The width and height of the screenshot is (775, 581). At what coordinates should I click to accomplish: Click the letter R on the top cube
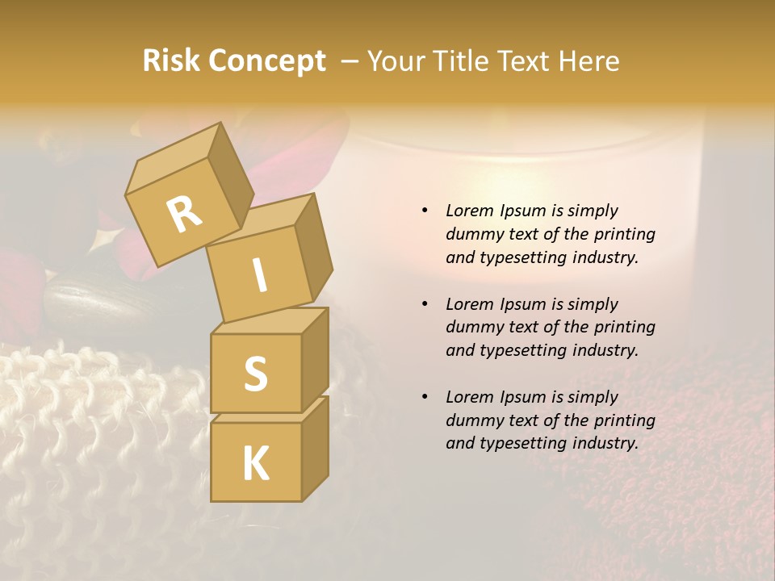184,215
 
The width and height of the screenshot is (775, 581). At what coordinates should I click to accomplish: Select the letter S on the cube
255,374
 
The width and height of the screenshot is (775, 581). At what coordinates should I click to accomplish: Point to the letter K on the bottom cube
255,464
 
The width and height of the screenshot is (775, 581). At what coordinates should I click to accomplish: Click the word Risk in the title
172,61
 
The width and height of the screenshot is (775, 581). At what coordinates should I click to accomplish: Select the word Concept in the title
267,61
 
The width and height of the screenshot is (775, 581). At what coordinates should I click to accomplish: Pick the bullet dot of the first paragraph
425,211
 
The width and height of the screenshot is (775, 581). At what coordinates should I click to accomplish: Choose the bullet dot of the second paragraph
425,304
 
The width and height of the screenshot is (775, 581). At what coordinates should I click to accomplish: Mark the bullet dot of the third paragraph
425,397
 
